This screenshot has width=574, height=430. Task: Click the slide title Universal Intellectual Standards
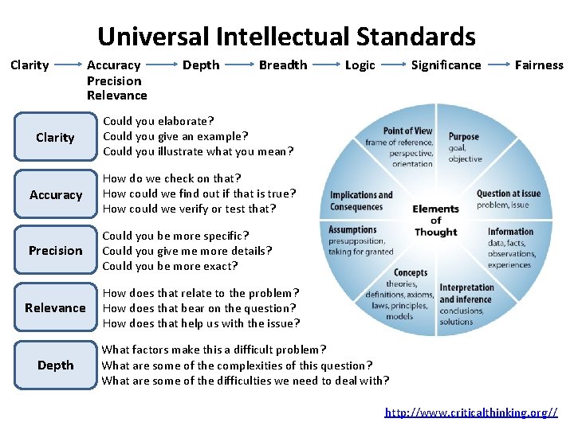point(286,36)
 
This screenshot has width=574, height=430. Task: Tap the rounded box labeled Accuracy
point(55,194)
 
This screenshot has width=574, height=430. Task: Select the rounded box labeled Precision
point(55,251)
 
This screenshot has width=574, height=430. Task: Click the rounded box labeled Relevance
point(55,308)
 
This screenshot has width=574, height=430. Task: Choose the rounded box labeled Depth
point(55,365)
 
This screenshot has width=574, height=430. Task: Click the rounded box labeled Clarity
point(55,138)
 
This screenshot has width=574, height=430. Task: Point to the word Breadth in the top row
point(283,65)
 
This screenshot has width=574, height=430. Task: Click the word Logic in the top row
point(360,65)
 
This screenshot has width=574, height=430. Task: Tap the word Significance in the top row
point(446,65)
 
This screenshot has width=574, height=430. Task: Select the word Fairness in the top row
point(539,65)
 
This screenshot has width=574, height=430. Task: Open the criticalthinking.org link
point(471,412)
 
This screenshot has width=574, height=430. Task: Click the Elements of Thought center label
point(435,221)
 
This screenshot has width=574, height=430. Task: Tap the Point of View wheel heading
point(407,131)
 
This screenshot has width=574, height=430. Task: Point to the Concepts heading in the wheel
point(411,273)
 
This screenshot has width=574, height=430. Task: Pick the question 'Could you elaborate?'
point(158,121)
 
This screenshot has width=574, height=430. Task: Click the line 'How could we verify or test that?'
point(189,209)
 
